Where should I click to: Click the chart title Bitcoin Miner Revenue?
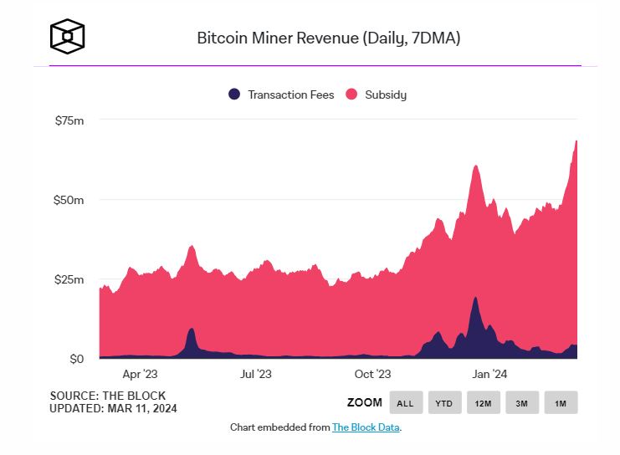coord(328,38)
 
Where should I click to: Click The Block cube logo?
coord(67,36)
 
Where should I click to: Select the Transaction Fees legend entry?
coord(281,95)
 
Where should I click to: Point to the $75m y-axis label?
coord(69,120)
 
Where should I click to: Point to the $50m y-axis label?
coord(69,200)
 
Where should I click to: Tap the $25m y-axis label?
coord(69,279)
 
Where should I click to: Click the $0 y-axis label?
coord(76,359)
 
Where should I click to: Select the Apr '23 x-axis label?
coord(139,375)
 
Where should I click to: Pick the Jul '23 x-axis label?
coord(255,375)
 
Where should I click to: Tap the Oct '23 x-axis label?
coord(372,375)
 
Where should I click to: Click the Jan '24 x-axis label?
coord(488,375)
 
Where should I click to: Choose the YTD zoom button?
coord(444,403)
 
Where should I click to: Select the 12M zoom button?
coord(483,403)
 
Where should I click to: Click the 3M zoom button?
coord(521,403)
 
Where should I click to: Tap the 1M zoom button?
coord(561,403)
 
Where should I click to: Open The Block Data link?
coord(366,427)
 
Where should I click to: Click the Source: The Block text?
coord(107,396)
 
